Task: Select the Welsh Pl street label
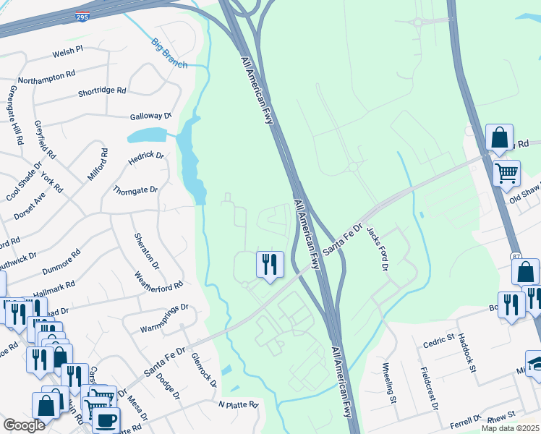[x=69, y=52]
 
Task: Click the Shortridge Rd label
[x=102, y=92]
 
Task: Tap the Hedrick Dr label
[x=146, y=156]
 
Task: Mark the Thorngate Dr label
[x=135, y=190]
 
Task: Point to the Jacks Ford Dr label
[x=377, y=248]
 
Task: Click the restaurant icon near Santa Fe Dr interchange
[x=270, y=264]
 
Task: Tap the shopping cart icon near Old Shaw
[x=507, y=174]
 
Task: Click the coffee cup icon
[x=106, y=420]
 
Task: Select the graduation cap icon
[x=535, y=364]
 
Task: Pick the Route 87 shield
[x=516, y=257]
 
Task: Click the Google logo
[x=24, y=425]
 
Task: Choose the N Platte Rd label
[x=238, y=405]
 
